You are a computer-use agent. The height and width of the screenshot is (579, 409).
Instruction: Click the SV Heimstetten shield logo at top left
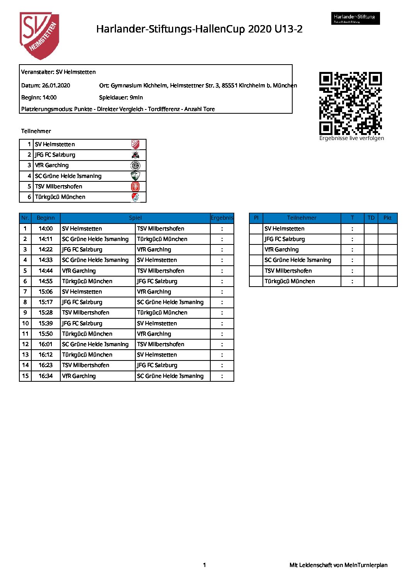click(39, 36)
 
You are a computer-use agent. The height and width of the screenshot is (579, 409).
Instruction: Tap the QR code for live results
click(350, 103)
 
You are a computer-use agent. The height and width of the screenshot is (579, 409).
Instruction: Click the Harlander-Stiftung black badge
click(355, 18)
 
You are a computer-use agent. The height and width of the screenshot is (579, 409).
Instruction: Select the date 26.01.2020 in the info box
click(56, 85)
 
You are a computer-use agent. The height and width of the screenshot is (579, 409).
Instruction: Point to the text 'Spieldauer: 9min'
click(121, 97)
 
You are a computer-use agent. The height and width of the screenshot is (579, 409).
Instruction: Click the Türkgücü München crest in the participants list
click(135, 197)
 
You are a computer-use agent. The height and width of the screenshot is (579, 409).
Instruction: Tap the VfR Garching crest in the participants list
click(135, 166)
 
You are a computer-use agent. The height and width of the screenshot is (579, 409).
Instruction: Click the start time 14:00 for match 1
click(46, 229)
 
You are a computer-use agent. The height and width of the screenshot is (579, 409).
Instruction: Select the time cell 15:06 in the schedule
click(46, 292)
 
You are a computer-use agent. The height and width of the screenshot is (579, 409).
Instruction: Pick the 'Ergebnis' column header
click(222, 218)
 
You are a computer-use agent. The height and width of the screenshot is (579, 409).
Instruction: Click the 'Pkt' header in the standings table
click(387, 218)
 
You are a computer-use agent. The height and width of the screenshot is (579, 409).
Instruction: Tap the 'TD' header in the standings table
click(371, 218)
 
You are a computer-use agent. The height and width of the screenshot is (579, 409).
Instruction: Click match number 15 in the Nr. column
click(26, 376)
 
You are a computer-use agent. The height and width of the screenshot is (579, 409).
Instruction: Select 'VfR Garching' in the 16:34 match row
click(79, 376)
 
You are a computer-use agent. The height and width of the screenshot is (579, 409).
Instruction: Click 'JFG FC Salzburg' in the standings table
click(285, 239)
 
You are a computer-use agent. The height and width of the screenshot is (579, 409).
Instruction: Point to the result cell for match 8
click(222, 302)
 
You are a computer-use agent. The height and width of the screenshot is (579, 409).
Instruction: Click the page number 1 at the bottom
click(205, 565)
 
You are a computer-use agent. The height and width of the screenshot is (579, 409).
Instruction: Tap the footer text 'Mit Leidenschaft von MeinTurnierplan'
click(338, 565)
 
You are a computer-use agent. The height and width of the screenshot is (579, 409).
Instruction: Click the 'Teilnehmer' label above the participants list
click(36, 131)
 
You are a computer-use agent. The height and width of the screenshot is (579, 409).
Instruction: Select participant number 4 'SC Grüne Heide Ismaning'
click(68, 176)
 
